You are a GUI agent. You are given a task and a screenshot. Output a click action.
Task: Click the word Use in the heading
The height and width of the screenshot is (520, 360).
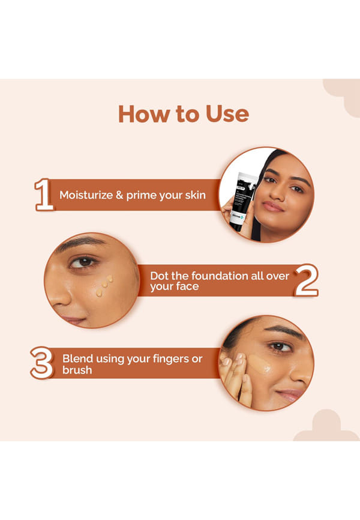[227, 114]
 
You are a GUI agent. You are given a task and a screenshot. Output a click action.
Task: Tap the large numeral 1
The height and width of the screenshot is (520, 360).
[44, 195]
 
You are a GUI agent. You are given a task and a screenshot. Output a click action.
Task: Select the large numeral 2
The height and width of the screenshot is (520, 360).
[306, 280]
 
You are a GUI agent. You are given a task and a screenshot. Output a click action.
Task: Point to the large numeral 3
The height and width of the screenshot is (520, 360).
[42, 363]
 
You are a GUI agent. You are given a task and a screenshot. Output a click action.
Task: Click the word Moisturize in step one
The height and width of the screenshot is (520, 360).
[86, 195]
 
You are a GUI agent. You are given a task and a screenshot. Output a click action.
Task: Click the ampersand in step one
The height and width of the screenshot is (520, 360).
[119, 195]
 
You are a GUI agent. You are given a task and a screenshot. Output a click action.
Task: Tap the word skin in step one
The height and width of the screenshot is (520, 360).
[195, 195]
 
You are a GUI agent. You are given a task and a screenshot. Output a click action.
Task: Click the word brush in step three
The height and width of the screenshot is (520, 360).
[77, 370]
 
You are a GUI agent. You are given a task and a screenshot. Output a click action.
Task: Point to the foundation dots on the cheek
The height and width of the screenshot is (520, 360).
[104, 286]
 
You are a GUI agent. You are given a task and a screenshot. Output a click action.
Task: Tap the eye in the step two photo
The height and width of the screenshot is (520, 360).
[83, 262]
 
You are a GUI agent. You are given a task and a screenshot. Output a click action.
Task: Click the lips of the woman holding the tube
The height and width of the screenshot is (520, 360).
[273, 207]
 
